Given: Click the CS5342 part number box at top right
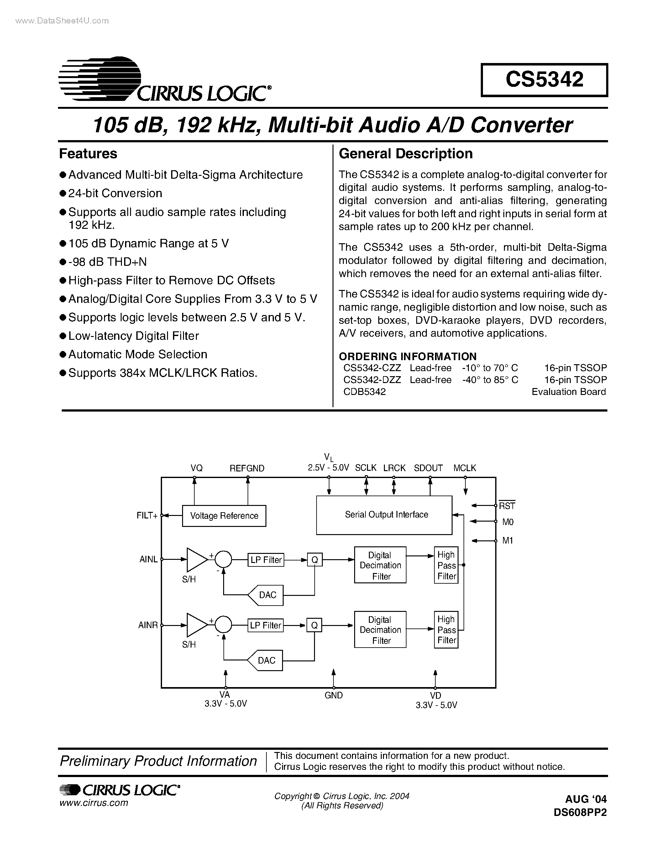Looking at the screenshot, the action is click(x=544, y=80).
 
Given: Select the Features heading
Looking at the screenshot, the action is click(x=88, y=154).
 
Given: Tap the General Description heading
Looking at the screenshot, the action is click(x=406, y=154).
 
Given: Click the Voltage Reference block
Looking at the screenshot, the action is click(x=224, y=516).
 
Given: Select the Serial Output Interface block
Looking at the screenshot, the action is click(x=384, y=515).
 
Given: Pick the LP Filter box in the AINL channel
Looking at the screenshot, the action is click(x=266, y=560).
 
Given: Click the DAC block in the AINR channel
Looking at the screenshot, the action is click(x=265, y=660).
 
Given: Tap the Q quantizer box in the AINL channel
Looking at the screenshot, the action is click(x=314, y=560).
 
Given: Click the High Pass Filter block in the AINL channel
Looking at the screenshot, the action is click(x=446, y=565).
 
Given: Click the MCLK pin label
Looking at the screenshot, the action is click(x=464, y=468).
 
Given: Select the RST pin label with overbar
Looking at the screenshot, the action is click(x=507, y=506).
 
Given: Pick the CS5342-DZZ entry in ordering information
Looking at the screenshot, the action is click(x=372, y=380).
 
